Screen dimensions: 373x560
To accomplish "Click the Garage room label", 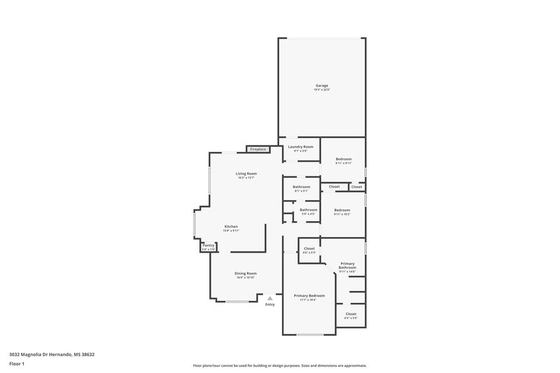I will pos(321,85).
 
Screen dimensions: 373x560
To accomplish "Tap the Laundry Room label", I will pos(300,147).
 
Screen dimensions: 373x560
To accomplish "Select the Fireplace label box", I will pos(258,149).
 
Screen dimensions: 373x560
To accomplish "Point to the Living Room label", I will pos(246,174).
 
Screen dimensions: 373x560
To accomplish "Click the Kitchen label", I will pos(231,227).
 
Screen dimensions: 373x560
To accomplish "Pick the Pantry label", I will pos(208,246).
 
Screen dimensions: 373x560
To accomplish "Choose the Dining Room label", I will pos(245,273).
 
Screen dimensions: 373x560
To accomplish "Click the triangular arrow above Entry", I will pos(270,297).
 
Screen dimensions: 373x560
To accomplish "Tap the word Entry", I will pos(270,304).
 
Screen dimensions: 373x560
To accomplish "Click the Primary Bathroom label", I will pos(347,265).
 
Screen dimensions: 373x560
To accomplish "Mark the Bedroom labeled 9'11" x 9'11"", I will pos(343,160).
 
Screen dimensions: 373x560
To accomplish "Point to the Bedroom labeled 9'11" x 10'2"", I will pos(342,211).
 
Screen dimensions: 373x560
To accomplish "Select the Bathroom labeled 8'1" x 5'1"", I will pos(301,187).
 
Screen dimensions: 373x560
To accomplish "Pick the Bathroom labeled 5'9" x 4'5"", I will pos(308,210).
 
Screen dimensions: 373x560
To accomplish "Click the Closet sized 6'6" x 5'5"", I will pos(309,248).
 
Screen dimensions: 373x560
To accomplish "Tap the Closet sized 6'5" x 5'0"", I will pos(351,314).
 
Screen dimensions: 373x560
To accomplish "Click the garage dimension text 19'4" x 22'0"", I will pos(321,90).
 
